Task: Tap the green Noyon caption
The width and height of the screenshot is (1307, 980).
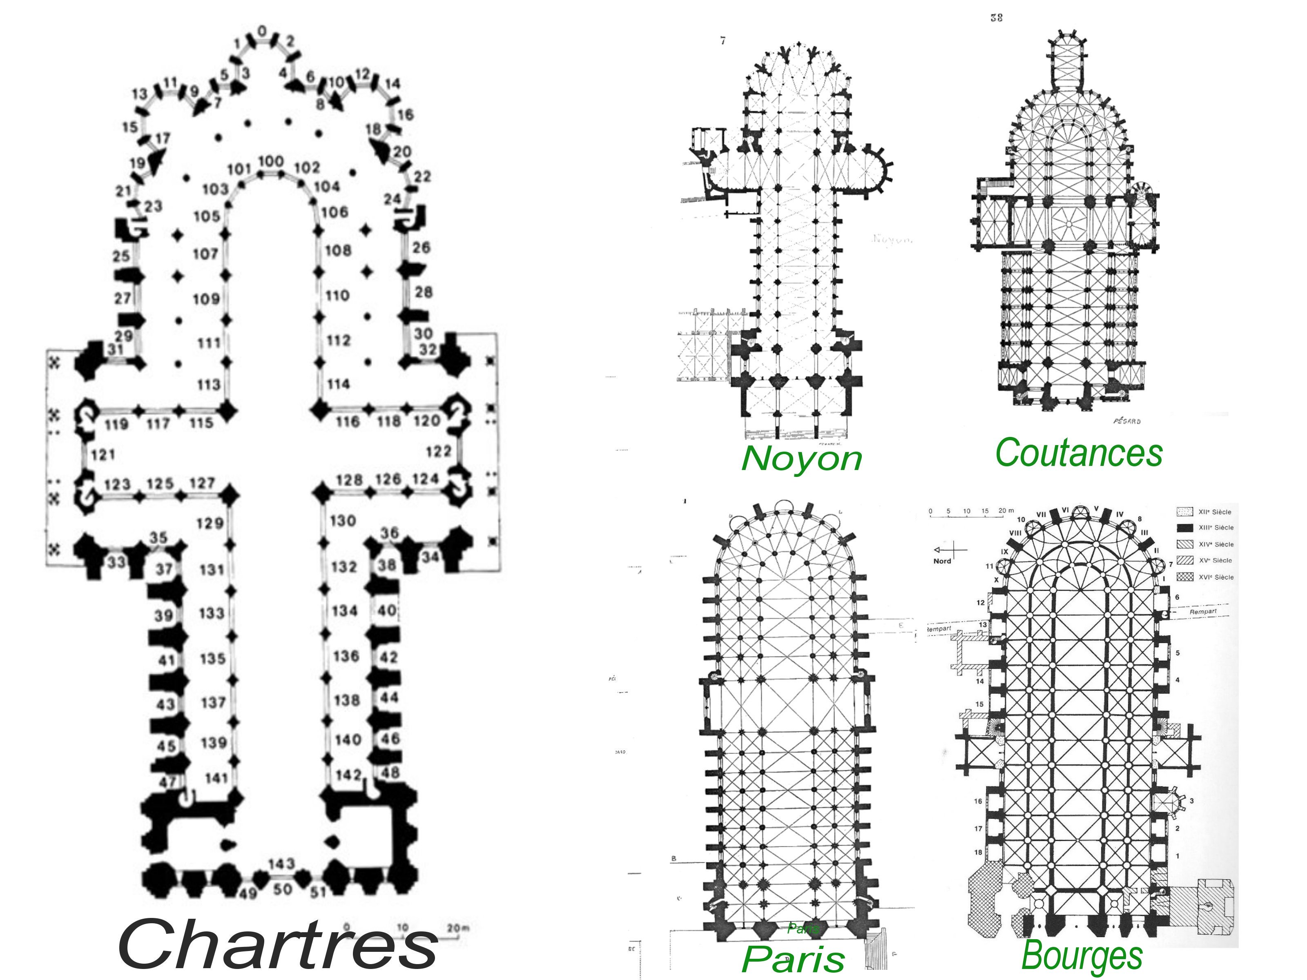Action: [801, 459]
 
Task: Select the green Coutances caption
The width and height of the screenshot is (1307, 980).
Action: [1079, 453]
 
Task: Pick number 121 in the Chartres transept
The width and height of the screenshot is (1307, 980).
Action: [103, 455]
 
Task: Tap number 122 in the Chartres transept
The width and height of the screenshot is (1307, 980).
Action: [438, 451]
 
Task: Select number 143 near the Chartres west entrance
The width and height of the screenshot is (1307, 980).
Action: [281, 864]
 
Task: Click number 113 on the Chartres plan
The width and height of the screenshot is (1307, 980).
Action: [209, 385]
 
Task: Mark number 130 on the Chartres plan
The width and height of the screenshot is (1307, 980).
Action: [343, 521]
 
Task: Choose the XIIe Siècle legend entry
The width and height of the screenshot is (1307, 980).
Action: [1214, 512]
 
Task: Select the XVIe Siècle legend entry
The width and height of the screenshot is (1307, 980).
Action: [1216, 577]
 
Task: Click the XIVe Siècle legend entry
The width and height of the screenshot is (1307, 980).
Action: [1216, 544]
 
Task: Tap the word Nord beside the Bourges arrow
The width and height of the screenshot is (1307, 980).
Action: [942, 561]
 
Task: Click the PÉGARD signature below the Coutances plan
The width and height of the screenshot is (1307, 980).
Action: [1127, 421]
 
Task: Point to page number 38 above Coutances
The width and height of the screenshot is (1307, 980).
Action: [996, 18]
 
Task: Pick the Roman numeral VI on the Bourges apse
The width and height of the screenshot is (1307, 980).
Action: [1065, 509]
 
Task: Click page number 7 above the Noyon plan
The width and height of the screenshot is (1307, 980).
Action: [723, 41]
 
